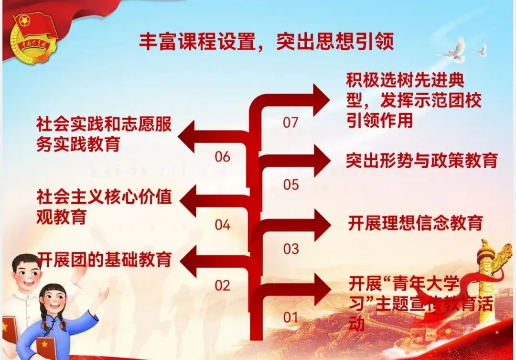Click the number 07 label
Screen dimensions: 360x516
tap(290, 123)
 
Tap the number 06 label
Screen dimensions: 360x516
tap(222, 157)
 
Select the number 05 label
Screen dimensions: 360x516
tap(290, 185)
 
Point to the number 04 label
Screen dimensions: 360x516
tap(222, 225)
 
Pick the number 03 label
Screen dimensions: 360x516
tap(290, 249)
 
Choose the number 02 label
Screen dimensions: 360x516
tap(222, 286)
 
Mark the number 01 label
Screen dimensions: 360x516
tap(290, 317)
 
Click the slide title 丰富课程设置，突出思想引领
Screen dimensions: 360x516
tap(267, 42)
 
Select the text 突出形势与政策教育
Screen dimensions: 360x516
tap(421, 161)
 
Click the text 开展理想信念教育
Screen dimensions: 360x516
tap(415, 223)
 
